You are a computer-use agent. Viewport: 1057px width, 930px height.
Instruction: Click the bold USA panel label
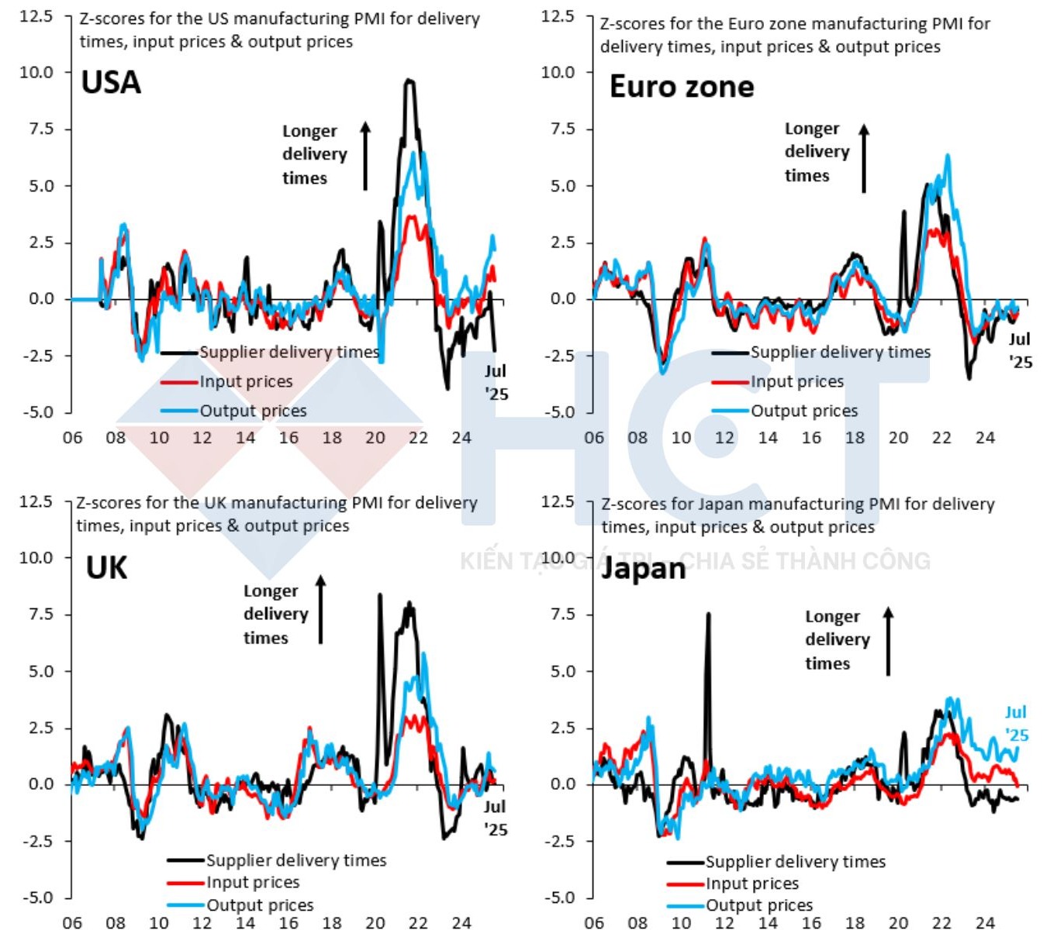point(111,82)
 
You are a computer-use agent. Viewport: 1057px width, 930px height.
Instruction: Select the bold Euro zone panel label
point(681,86)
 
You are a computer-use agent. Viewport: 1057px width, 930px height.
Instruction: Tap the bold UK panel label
point(106,568)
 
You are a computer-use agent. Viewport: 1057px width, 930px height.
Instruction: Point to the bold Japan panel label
point(644,568)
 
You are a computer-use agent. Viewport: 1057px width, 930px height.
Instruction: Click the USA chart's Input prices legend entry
point(246,381)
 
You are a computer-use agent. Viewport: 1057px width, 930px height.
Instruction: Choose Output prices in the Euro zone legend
point(804,411)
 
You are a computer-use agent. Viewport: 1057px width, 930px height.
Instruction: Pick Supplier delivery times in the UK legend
point(295,860)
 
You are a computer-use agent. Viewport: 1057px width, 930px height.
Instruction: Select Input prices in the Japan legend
point(751,883)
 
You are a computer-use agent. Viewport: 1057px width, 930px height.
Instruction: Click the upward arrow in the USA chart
point(365,155)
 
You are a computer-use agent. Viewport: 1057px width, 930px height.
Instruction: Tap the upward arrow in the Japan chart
point(889,641)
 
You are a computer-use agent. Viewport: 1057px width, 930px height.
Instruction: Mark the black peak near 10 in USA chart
point(409,81)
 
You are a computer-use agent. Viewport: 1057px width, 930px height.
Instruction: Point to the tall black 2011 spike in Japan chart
point(708,615)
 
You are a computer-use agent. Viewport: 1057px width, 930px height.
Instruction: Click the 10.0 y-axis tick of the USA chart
point(36,72)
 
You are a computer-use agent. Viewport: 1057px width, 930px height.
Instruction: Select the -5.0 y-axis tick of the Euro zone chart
point(558,412)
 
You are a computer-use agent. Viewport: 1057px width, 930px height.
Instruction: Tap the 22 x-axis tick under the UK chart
point(418,922)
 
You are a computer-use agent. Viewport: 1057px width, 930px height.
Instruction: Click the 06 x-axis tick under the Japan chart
point(594,922)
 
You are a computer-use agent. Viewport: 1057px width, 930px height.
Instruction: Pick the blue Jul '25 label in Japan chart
point(1016,723)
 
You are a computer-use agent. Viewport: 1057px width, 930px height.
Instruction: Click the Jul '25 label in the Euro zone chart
point(1020,350)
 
